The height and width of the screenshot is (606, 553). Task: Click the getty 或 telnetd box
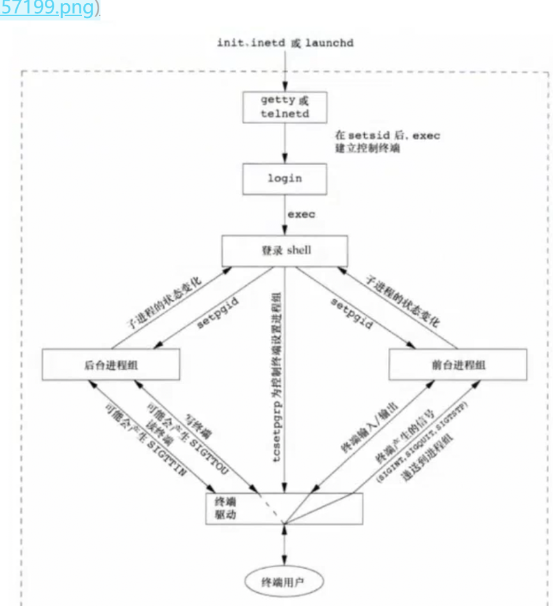click(x=285, y=107)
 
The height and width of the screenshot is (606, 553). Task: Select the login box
click(x=285, y=178)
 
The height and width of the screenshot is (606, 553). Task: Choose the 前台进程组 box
click(x=458, y=364)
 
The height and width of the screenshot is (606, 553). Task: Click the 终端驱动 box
click(x=285, y=508)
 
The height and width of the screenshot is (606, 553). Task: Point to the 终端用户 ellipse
click(x=285, y=581)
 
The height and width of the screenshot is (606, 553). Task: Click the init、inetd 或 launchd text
click(x=285, y=43)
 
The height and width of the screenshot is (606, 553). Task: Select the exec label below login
click(x=301, y=215)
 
